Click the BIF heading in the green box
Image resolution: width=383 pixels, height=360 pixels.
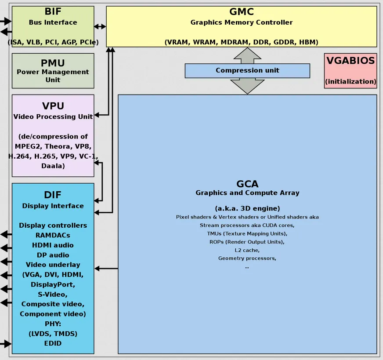pyautogui.click(x=53, y=12)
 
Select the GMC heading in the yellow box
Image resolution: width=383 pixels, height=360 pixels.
pyautogui.click(x=242, y=12)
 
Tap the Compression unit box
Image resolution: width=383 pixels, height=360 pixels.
pyautogui.click(x=247, y=70)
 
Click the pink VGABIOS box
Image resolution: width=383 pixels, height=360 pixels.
pyautogui.click(x=350, y=70)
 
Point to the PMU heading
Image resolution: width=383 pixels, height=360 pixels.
pyautogui.click(x=53, y=63)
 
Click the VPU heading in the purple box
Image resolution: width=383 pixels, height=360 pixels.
pyautogui.click(x=53, y=106)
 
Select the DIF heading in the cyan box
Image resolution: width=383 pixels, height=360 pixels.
pyautogui.click(x=53, y=195)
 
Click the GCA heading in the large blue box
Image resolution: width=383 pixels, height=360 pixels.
pyautogui.click(x=247, y=184)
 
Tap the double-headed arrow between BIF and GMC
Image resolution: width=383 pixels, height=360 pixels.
pyautogui.click(x=100, y=26)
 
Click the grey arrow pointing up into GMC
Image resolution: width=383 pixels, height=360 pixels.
pyautogui.click(x=247, y=55)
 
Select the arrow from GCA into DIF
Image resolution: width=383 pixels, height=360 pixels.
pyautogui.click(x=106, y=268)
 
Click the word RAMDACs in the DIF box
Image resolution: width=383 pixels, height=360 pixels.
pyautogui.click(x=53, y=235)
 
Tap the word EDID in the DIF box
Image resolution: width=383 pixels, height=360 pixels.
pyautogui.click(x=53, y=343)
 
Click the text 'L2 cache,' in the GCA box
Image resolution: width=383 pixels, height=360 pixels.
pyautogui.click(x=247, y=250)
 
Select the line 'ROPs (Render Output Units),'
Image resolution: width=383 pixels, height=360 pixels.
pyautogui.click(x=247, y=242)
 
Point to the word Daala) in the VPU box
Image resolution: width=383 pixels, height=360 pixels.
pyautogui.click(x=53, y=166)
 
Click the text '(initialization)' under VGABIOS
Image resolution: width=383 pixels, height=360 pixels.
pyautogui.click(x=350, y=81)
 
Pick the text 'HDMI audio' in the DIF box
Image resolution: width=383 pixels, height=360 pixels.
pyautogui.click(x=53, y=245)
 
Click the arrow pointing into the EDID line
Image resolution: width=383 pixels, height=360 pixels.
pyautogui.click(x=6, y=343)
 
